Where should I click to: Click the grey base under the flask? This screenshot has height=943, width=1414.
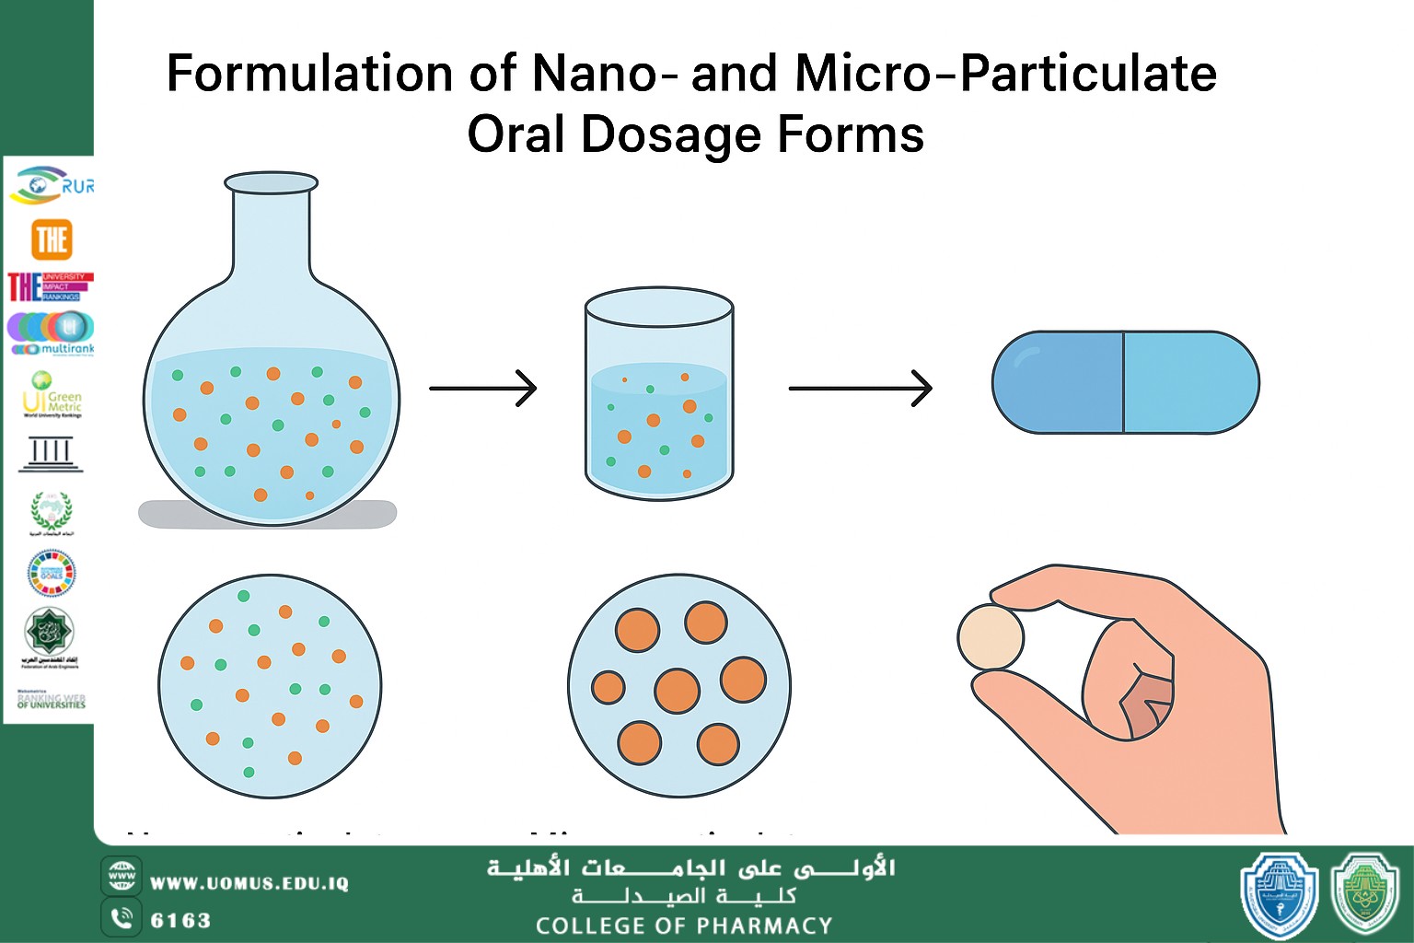pyautogui.click(x=267, y=515)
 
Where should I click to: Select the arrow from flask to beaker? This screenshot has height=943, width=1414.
pyautogui.click(x=482, y=389)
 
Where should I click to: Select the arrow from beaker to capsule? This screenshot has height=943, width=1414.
pyautogui.click(x=860, y=389)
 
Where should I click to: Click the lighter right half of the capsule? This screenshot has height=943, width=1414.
pyautogui.click(x=1189, y=382)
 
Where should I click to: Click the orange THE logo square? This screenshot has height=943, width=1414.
pyautogui.click(x=52, y=239)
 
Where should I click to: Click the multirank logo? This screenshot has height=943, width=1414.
pyautogui.click(x=52, y=333)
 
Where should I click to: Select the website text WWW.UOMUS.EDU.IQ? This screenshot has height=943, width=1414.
pyautogui.click(x=249, y=883)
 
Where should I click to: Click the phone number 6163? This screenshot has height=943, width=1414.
pyautogui.click(x=180, y=920)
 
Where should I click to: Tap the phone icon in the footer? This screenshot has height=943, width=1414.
pyautogui.click(x=121, y=918)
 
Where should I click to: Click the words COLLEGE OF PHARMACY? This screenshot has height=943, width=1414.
pyautogui.click(x=684, y=926)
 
